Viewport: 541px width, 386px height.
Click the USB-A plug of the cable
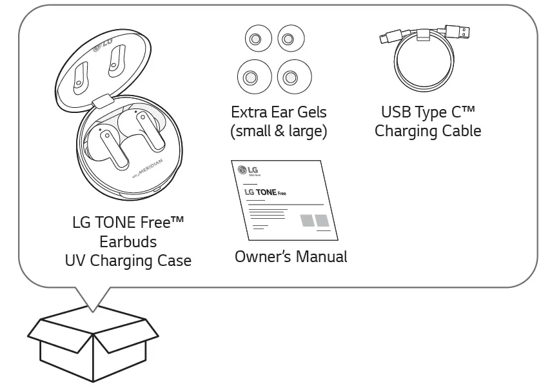coord(460,31)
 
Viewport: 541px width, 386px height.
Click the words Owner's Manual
coord(291,256)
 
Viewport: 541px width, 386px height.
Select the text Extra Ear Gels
coord(279,112)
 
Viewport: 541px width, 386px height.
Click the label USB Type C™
coord(428,112)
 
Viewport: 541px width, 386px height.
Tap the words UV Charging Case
coord(128,261)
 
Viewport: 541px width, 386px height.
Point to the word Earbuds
coord(128,242)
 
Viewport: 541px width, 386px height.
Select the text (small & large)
coord(279,131)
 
